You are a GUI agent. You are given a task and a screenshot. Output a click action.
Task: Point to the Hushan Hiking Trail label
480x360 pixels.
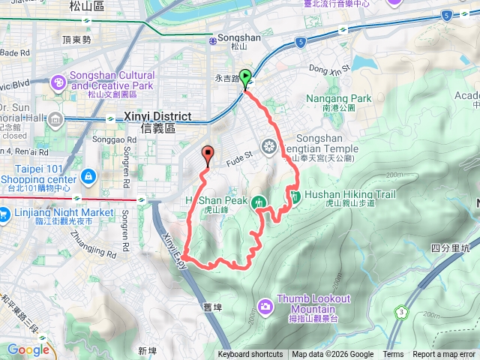coord(343,194)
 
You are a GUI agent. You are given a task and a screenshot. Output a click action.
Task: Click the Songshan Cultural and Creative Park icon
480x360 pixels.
coord(58,80)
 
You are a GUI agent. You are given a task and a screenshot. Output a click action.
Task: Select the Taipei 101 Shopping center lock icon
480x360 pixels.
coord(89,175)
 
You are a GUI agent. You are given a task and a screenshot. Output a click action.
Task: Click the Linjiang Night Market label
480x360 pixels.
coord(64,213)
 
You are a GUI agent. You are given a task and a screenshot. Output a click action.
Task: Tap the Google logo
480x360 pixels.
coord(28,349)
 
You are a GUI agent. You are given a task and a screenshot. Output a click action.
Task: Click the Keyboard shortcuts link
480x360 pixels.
coord(250,355)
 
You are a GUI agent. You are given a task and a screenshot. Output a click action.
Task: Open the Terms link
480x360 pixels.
coord(393,355)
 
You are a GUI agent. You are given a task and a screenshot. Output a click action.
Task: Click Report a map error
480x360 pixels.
coord(445,355)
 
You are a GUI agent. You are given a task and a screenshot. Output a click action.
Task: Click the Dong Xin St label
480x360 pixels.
coord(330,70)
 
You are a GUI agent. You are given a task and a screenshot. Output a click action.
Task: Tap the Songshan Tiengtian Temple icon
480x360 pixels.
coord(269,145)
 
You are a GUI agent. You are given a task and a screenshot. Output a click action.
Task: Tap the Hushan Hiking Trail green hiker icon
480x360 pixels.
coord(295,196)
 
